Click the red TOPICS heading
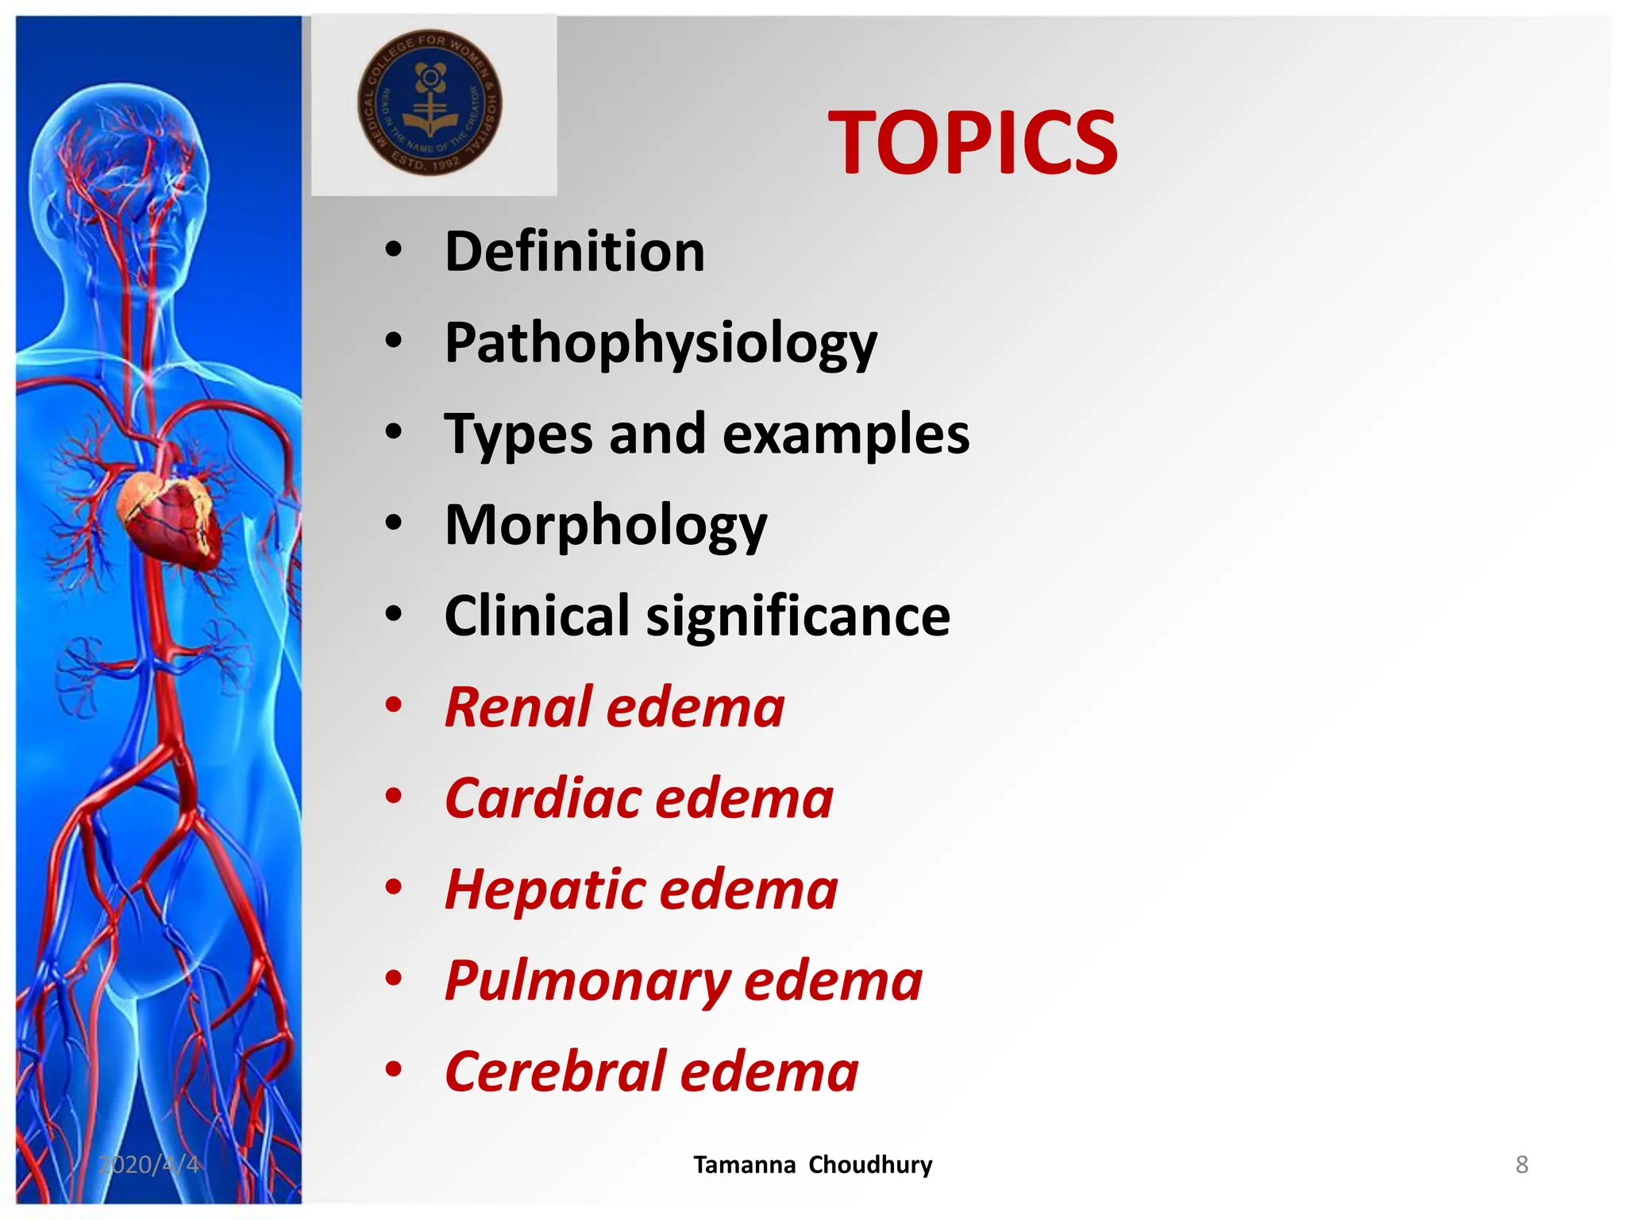click(972, 143)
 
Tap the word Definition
click(574, 252)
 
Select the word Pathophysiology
click(661, 344)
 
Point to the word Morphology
click(605, 526)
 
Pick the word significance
click(798, 618)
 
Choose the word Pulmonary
click(588, 982)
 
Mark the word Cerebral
click(555, 1072)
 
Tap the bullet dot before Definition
click(393, 250)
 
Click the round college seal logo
click(430, 102)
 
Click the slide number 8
click(1521, 1164)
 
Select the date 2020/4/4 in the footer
click(148, 1164)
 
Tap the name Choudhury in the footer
click(870, 1164)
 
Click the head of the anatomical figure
click(119, 175)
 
